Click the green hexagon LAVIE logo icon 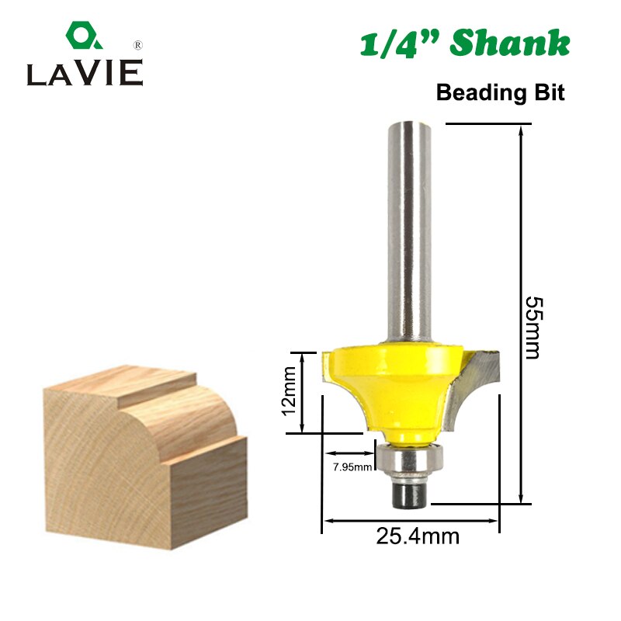coord(79,36)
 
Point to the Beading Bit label coord(500,92)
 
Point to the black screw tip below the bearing coord(408,495)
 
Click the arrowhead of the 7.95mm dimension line coord(329,453)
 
